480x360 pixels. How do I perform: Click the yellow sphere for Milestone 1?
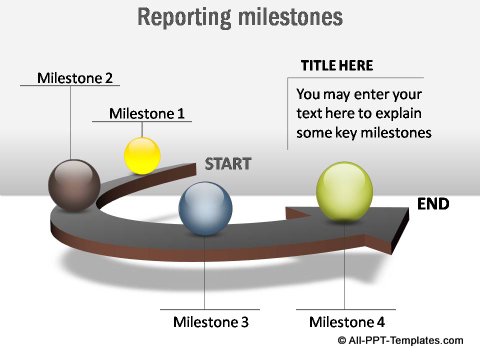coord(142,155)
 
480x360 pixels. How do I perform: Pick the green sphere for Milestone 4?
coord(344,190)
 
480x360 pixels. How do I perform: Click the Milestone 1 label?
coord(147,113)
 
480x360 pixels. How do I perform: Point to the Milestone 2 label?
coord(75,77)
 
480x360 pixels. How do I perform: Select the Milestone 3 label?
coord(210,322)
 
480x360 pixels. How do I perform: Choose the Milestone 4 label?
coord(347,322)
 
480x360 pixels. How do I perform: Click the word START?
coord(227,164)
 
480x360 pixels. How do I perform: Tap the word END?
coord(433,204)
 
